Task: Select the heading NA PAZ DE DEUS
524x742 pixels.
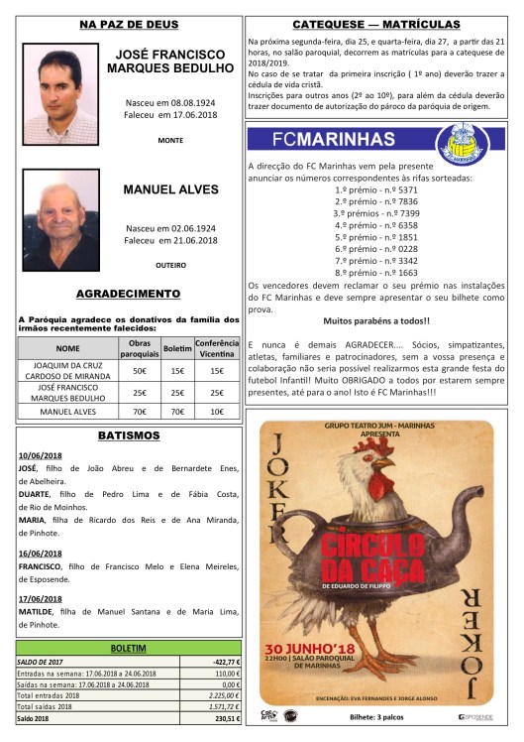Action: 128,22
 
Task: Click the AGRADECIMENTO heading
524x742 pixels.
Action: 128,294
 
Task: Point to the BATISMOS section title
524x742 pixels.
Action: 128,435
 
